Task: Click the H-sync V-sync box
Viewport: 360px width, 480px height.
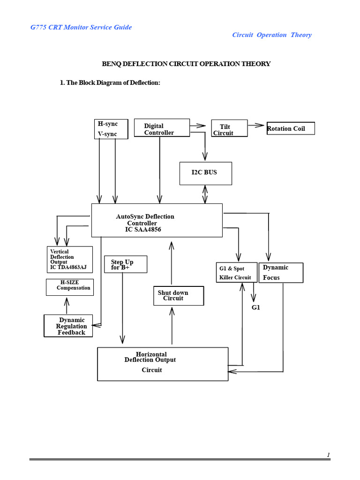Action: tap(112, 129)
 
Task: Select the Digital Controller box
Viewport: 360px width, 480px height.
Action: tap(162, 128)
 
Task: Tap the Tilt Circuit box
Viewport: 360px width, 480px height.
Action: tap(229, 128)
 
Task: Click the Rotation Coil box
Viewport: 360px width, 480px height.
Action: tap(290, 128)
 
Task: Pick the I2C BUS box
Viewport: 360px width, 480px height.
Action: tap(204, 173)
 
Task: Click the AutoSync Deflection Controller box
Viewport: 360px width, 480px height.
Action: tap(157, 220)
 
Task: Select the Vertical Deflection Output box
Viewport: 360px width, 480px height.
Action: tap(69, 260)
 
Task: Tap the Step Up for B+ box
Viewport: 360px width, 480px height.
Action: tap(126, 264)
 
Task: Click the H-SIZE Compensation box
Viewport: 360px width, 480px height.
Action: tap(70, 287)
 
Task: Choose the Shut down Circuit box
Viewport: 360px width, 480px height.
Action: tap(179, 295)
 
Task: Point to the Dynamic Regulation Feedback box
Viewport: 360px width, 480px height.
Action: tap(68, 326)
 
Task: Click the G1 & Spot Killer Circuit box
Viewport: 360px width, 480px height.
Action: tap(236, 272)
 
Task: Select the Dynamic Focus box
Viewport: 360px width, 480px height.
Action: tap(281, 272)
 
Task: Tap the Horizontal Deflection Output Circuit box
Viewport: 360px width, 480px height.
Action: tap(162, 364)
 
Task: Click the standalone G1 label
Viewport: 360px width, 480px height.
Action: tap(255, 307)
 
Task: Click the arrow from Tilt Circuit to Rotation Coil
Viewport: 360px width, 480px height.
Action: tap(256, 125)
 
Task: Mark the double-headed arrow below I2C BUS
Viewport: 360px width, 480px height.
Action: tap(205, 194)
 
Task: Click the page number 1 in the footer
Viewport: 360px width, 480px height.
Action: tap(329, 455)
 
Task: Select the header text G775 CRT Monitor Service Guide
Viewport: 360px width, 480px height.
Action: tap(81, 27)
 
